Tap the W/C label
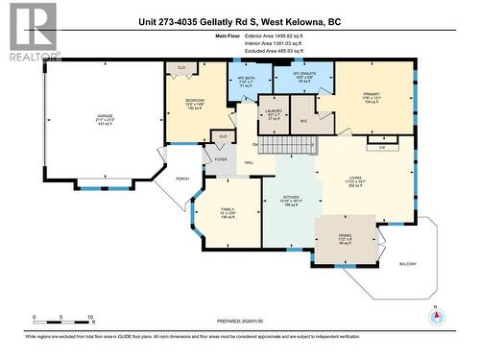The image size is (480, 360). tap(303, 121)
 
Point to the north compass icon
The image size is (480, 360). tap(436, 317)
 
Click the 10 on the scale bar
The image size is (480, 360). tap(91, 316)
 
